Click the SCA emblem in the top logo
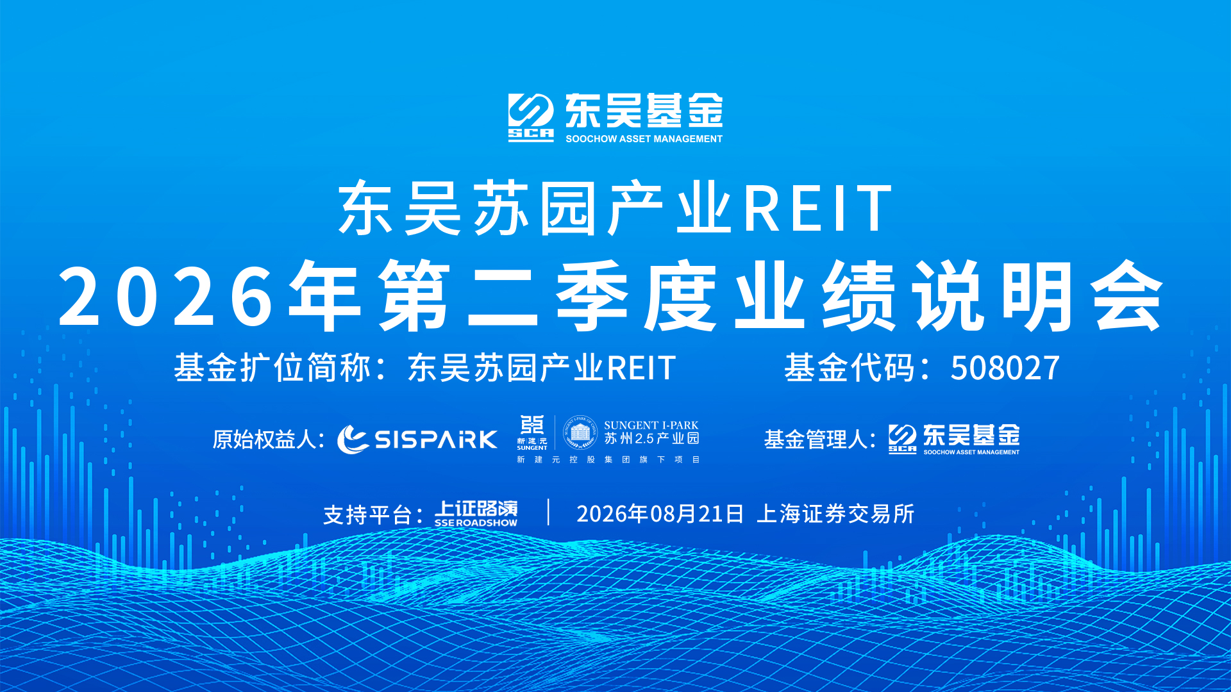pyautogui.click(x=531, y=117)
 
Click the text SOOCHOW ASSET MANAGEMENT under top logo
pyautogui.click(x=644, y=138)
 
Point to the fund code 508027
pyautogui.click(x=1005, y=368)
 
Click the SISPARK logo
pyautogui.click(x=417, y=440)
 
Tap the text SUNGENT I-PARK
pyautogui.click(x=651, y=425)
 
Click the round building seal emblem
pyautogui.click(x=580, y=432)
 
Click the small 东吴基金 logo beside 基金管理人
pyautogui.click(x=954, y=440)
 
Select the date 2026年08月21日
pyautogui.click(x=660, y=514)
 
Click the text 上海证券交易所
pyautogui.click(x=835, y=514)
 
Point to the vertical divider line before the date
pyautogui.click(x=549, y=513)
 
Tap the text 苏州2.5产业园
pyautogui.click(x=651, y=439)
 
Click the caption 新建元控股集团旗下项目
pyautogui.click(x=608, y=459)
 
